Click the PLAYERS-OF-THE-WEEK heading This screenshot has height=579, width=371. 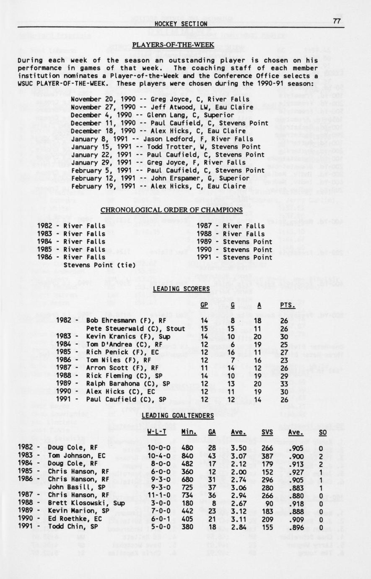(x=173, y=45)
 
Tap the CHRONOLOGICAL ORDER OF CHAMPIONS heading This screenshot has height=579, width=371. (x=171, y=209)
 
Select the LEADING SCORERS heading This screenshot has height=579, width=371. (x=181, y=289)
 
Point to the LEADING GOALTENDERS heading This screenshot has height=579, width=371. (x=177, y=415)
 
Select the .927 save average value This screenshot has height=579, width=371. (x=296, y=472)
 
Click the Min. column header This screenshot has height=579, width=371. (x=189, y=432)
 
